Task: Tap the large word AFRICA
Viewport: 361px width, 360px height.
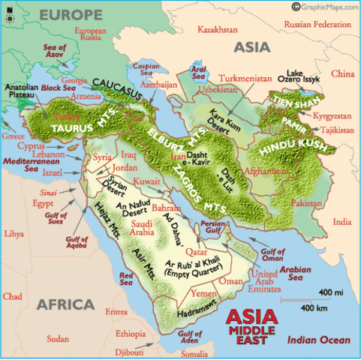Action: [x=64, y=304]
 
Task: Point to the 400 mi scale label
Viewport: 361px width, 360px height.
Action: [x=330, y=291]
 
